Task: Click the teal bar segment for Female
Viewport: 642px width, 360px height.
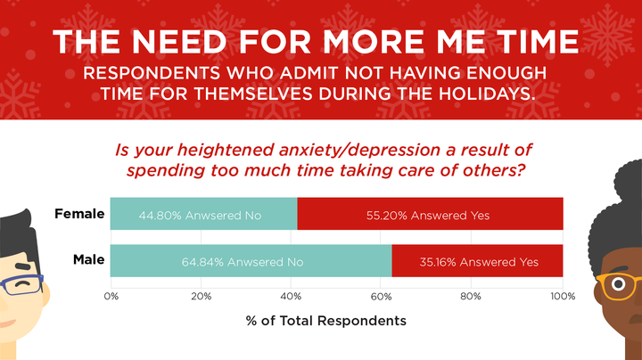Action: coord(203,215)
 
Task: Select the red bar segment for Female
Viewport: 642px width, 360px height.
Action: coord(430,215)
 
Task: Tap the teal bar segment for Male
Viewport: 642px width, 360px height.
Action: coord(251,261)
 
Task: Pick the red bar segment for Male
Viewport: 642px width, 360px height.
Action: coord(477,261)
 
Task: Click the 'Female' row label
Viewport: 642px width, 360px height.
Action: coord(79,215)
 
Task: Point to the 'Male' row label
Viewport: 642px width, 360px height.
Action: coord(88,261)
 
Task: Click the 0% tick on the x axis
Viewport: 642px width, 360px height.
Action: coord(111,295)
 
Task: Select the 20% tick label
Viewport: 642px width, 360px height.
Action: coord(202,295)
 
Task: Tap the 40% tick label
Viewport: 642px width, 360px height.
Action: coord(292,295)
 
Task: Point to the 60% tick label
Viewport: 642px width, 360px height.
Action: coord(382,295)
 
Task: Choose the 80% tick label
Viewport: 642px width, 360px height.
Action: coord(472,295)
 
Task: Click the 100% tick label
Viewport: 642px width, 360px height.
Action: coord(562,295)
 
